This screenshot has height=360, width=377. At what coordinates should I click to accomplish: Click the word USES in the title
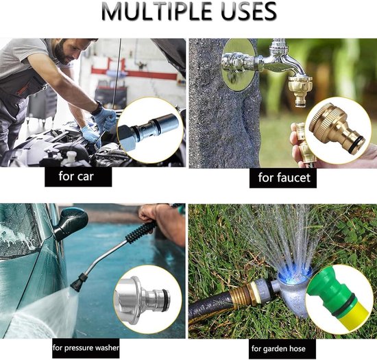point(249,11)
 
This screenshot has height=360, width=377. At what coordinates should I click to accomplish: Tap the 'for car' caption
point(75,176)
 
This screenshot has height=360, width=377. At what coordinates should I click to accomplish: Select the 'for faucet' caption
point(284,178)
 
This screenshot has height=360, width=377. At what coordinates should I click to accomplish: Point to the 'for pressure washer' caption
point(86,348)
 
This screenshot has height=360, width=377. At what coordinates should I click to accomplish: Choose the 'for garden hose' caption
point(278,349)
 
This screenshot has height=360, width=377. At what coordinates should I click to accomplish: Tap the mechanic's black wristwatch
point(96,109)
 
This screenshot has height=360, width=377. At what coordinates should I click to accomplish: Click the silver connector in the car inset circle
point(149,132)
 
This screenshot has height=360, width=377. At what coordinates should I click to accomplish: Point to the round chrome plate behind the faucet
point(239,64)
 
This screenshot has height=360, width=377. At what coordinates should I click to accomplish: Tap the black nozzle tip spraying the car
point(79,283)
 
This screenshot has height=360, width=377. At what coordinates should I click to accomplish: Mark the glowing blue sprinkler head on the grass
point(294,277)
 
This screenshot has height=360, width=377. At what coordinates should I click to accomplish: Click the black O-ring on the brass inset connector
point(356,145)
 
